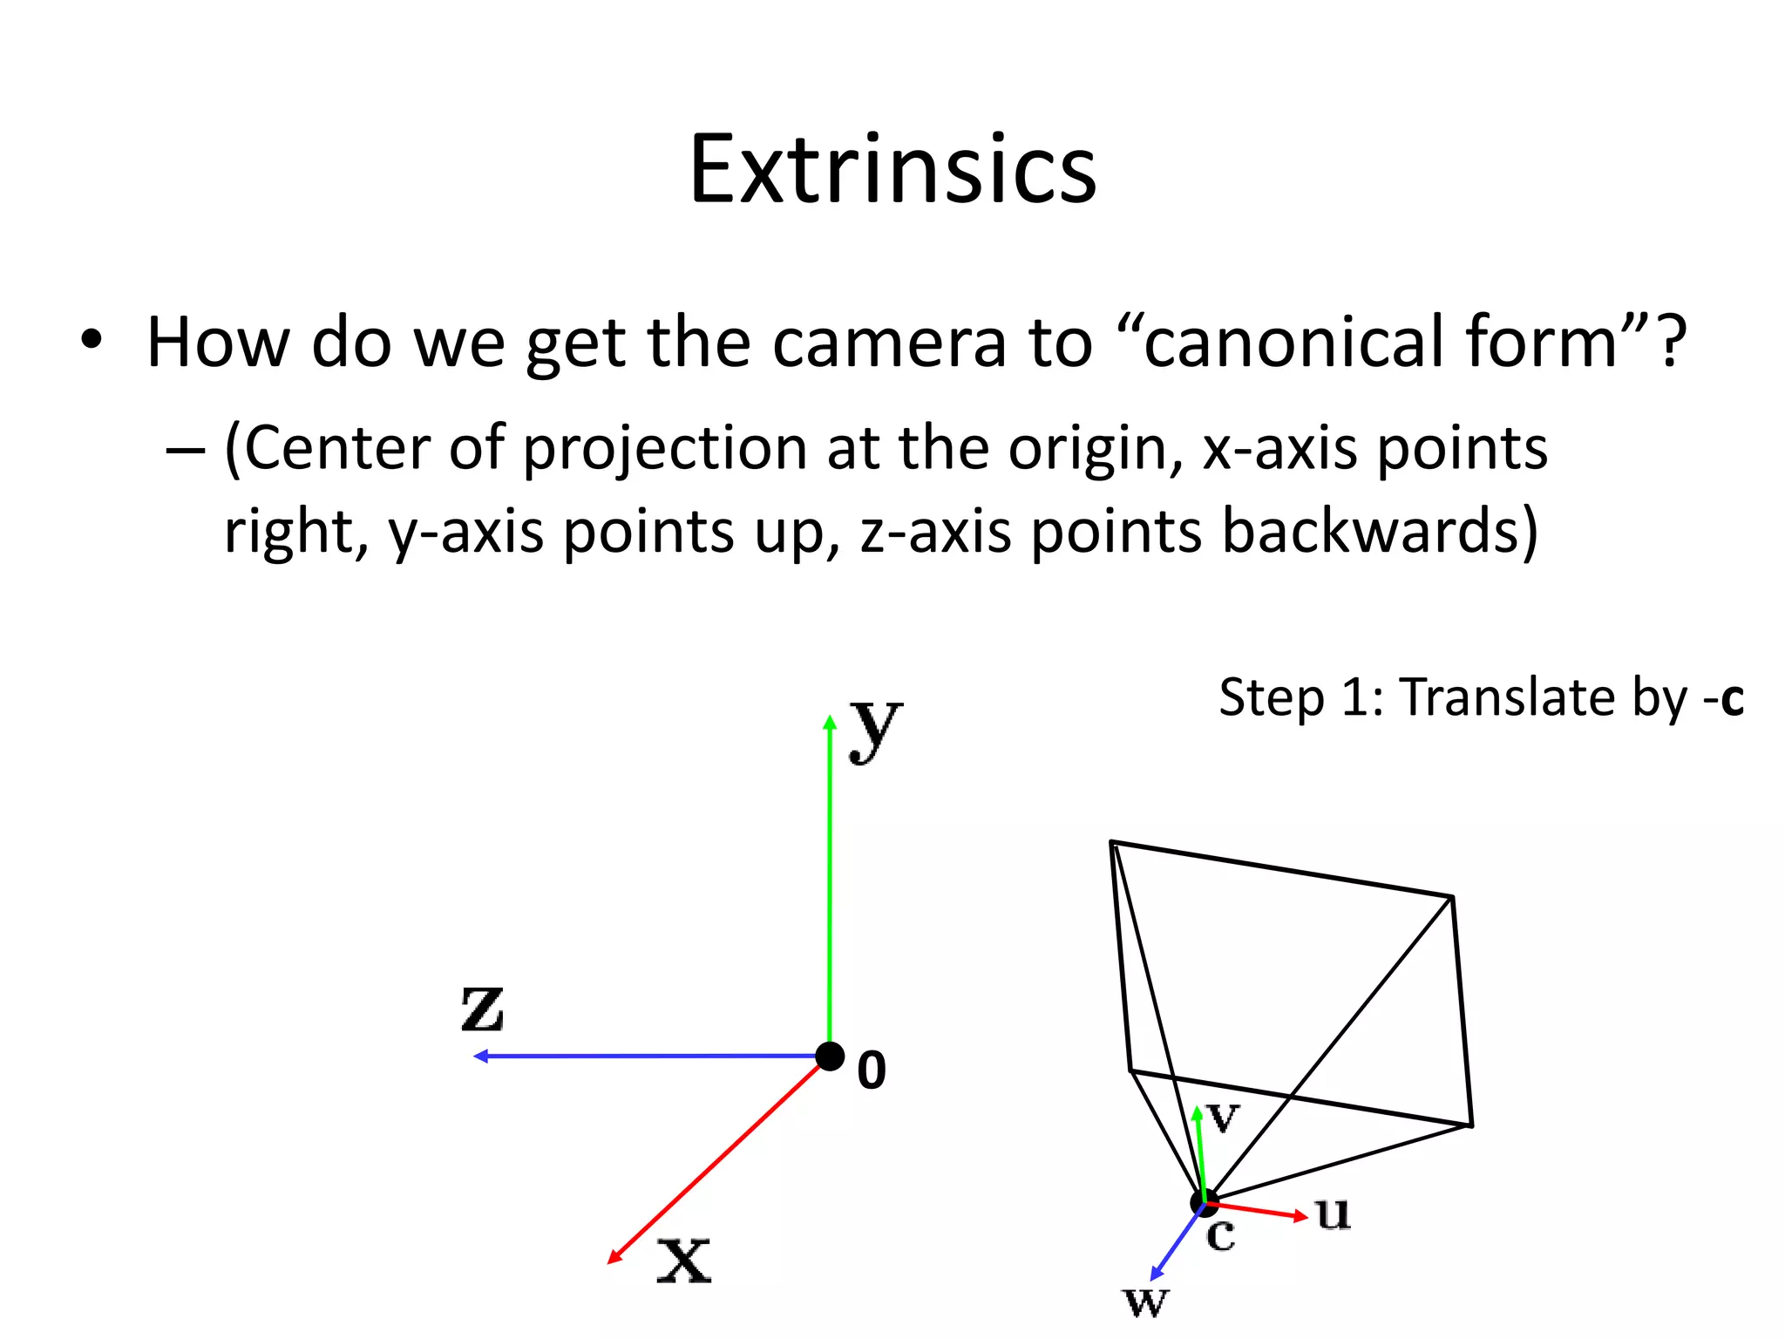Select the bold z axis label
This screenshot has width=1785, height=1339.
pyautogui.click(x=482, y=1009)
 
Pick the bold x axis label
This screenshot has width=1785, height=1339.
pyautogui.click(x=684, y=1260)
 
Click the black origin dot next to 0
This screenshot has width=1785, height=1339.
pyautogui.click(x=830, y=1057)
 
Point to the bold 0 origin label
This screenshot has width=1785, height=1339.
pyautogui.click(x=872, y=1071)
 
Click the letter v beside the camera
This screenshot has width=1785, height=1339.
pyautogui.click(x=1224, y=1118)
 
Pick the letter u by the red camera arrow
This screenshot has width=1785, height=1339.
pyautogui.click(x=1333, y=1213)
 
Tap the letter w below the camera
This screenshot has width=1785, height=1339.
pyautogui.click(x=1145, y=1302)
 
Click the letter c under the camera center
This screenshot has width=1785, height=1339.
pyautogui.click(x=1221, y=1235)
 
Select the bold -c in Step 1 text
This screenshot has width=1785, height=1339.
pyautogui.click(x=1726, y=698)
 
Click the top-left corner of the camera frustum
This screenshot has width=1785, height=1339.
pyautogui.click(x=1111, y=842)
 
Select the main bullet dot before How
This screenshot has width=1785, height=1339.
pyautogui.click(x=92, y=341)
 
